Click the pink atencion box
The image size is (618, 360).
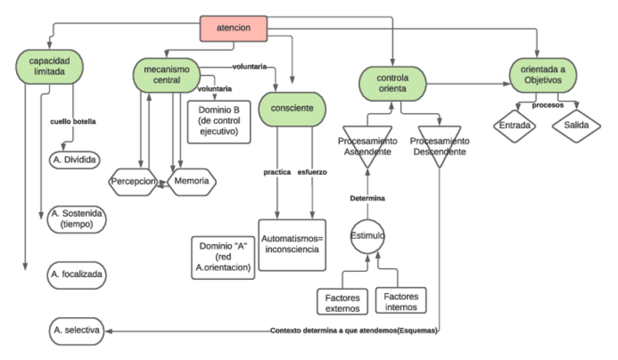(x=234, y=28)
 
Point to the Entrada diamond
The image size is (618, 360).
(x=515, y=125)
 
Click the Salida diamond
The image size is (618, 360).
(x=576, y=125)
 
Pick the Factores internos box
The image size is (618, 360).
(x=401, y=300)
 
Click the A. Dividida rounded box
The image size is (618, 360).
(x=76, y=157)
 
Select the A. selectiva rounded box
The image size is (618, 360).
(x=76, y=331)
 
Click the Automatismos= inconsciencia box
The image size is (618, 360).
(x=292, y=244)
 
